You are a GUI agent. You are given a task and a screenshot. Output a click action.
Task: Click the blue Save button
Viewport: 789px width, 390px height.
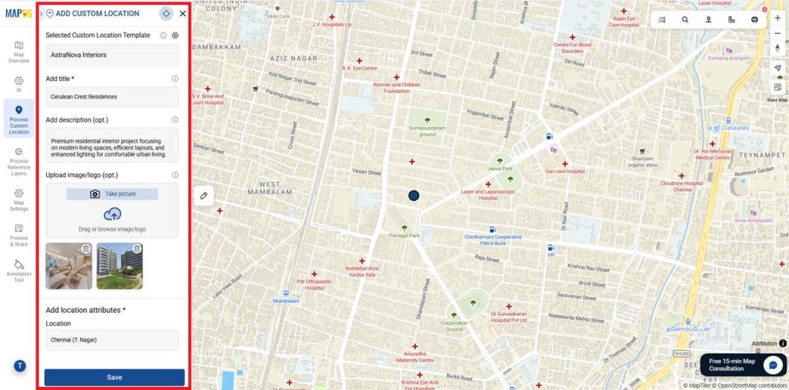pos(114,377)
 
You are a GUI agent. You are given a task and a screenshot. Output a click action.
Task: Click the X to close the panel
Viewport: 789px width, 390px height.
pos(183,14)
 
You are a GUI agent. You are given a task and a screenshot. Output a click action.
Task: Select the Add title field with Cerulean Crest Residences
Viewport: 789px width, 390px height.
pos(112,97)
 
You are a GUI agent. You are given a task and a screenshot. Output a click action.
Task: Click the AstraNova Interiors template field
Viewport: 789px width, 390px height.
pos(112,55)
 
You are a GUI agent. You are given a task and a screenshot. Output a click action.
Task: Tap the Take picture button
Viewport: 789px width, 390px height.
pos(112,194)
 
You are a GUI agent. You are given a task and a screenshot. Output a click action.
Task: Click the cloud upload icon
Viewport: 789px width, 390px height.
pos(112,214)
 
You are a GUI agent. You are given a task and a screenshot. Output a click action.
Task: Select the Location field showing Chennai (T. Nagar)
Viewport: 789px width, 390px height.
pos(112,340)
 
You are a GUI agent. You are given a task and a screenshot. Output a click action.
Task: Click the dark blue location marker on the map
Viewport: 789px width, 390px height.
pos(414,197)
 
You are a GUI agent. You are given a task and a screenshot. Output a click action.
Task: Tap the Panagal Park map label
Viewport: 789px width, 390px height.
pos(404,235)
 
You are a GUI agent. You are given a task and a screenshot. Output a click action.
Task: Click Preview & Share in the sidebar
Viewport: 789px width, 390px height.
pos(18,237)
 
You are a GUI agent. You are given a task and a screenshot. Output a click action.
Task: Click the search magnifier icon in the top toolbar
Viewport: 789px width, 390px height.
pos(685,20)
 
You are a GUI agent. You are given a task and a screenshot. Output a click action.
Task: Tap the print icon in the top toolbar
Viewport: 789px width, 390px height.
pos(754,20)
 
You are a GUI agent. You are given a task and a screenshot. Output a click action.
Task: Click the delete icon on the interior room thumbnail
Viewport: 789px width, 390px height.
pos(86,249)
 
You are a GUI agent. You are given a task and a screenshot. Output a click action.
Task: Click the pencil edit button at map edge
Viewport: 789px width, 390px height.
pos(204,196)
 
